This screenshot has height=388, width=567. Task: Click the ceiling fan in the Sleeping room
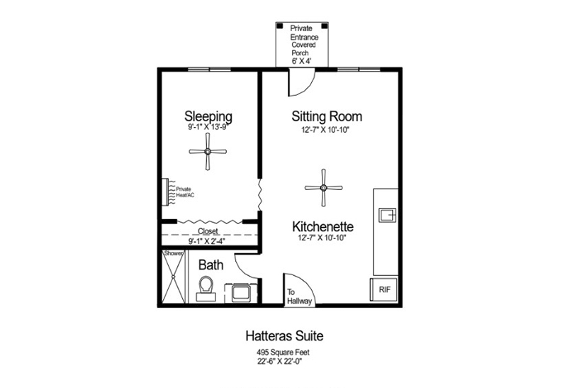(x=208, y=151)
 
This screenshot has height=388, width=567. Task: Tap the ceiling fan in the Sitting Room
(x=323, y=187)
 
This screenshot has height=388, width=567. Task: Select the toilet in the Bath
(x=206, y=289)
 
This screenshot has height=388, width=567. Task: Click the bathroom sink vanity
(x=241, y=292)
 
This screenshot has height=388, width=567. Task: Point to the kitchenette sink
(x=387, y=215)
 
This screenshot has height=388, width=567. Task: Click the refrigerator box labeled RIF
(x=383, y=289)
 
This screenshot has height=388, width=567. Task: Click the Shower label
(x=173, y=253)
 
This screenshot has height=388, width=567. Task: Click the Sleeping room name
(x=208, y=116)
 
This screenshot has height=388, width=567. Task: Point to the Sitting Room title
(x=327, y=116)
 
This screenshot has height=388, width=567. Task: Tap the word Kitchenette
(x=323, y=226)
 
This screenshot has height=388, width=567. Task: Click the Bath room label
(x=210, y=265)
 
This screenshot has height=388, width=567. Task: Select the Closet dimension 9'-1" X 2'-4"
(x=207, y=241)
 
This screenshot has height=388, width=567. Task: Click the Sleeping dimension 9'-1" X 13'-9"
(x=207, y=127)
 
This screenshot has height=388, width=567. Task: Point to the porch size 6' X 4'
(x=301, y=61)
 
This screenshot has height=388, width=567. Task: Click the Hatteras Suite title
(x=285, y=336)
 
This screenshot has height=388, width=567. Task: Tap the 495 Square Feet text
(x=283, y=352)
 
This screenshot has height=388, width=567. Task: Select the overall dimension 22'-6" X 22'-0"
(x=279, y=361)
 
